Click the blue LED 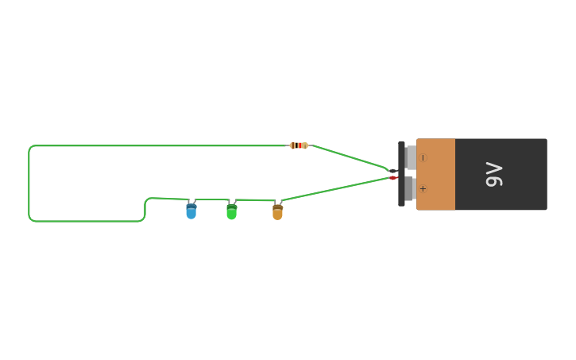click(191, 211)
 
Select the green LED click(231, 212)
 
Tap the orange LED click(277, 212)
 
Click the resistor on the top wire click(299, 145)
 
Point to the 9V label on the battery click(494, 174)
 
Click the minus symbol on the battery click(423, 157)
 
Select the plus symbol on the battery click(423, 188)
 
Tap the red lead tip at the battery click(393, 178)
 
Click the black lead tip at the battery click(392, 170)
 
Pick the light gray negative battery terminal click(411, 157)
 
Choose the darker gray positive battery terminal click(410, 189)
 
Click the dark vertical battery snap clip click(401, 174)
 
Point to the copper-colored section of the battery click(436, 174)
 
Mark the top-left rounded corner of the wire click(31, 148)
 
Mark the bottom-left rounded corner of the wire click(31, 219)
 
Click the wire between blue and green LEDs click(211, 199)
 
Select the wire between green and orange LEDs click(254, 200)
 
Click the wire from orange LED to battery click(334, 189)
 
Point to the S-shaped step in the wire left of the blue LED click(145, 208)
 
